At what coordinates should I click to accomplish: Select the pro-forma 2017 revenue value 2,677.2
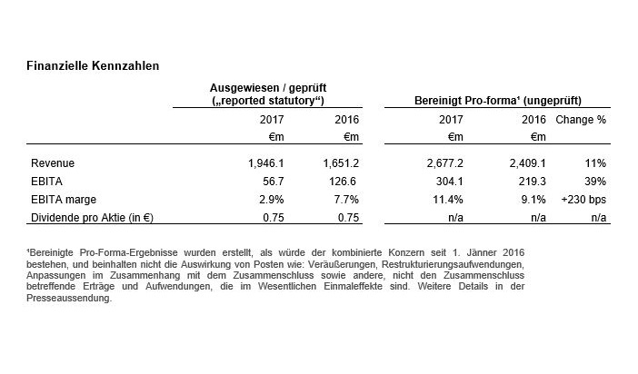(443, 163)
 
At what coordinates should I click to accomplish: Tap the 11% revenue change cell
(595, 163)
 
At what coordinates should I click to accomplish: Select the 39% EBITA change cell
(595, 182)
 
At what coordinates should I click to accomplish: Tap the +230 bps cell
(584, 199)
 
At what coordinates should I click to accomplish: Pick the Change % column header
(581, 119)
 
